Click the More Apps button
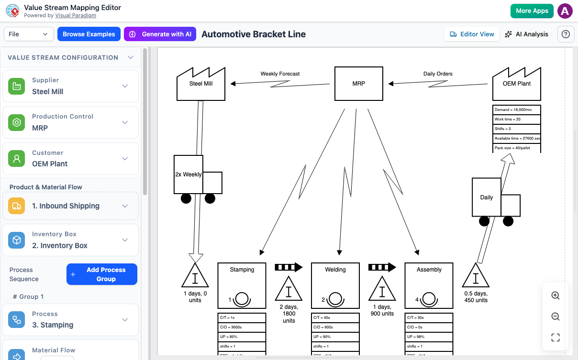tap(532, 11)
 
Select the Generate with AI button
tap(160, 34)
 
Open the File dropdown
tap(29, 34)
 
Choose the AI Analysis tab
tap(526, 34)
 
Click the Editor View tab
tap(472, 34)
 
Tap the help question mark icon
tap(566, 34)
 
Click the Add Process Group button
tap(101, 274)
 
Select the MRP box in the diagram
tap(358, 83)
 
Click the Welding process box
tap(335, 285)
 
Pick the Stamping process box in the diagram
tap(242, 285)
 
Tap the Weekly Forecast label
tap(280, 74)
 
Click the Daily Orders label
tap(438, 74)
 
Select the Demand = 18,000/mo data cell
tap(516, 109)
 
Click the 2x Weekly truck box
tap(189, 175)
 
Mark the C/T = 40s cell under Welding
tap(335, 317)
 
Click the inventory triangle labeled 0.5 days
tap(476, 276)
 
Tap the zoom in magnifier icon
tap(556, 295)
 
